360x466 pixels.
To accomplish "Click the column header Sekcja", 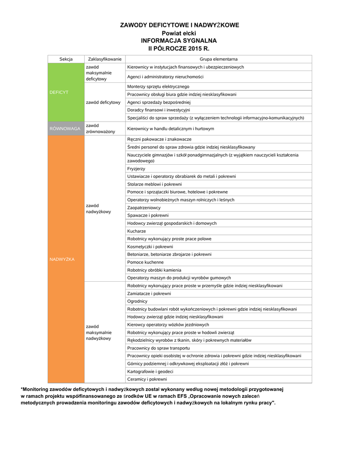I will coord(66,59).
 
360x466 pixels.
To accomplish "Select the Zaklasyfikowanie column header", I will coord(105,59).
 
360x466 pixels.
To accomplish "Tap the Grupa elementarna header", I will coord(218,59).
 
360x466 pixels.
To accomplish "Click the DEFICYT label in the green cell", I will coord(59,92).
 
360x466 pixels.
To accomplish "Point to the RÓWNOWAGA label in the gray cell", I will coord(65,129).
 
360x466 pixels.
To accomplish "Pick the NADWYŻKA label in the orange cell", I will coord(62,259).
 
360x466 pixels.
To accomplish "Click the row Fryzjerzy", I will coord(137,168).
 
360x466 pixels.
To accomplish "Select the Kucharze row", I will coord(137,231).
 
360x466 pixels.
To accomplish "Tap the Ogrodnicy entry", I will coord(137,301).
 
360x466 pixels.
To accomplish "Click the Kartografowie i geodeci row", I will coord(150,371).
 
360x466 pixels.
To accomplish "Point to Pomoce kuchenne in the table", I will coord(146,262).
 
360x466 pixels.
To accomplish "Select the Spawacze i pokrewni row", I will coord(148,215).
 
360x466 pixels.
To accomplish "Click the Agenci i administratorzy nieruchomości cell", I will coord(165,77).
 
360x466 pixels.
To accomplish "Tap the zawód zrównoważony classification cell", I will coord(100,128).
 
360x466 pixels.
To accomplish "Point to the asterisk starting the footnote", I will coord(21,389).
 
